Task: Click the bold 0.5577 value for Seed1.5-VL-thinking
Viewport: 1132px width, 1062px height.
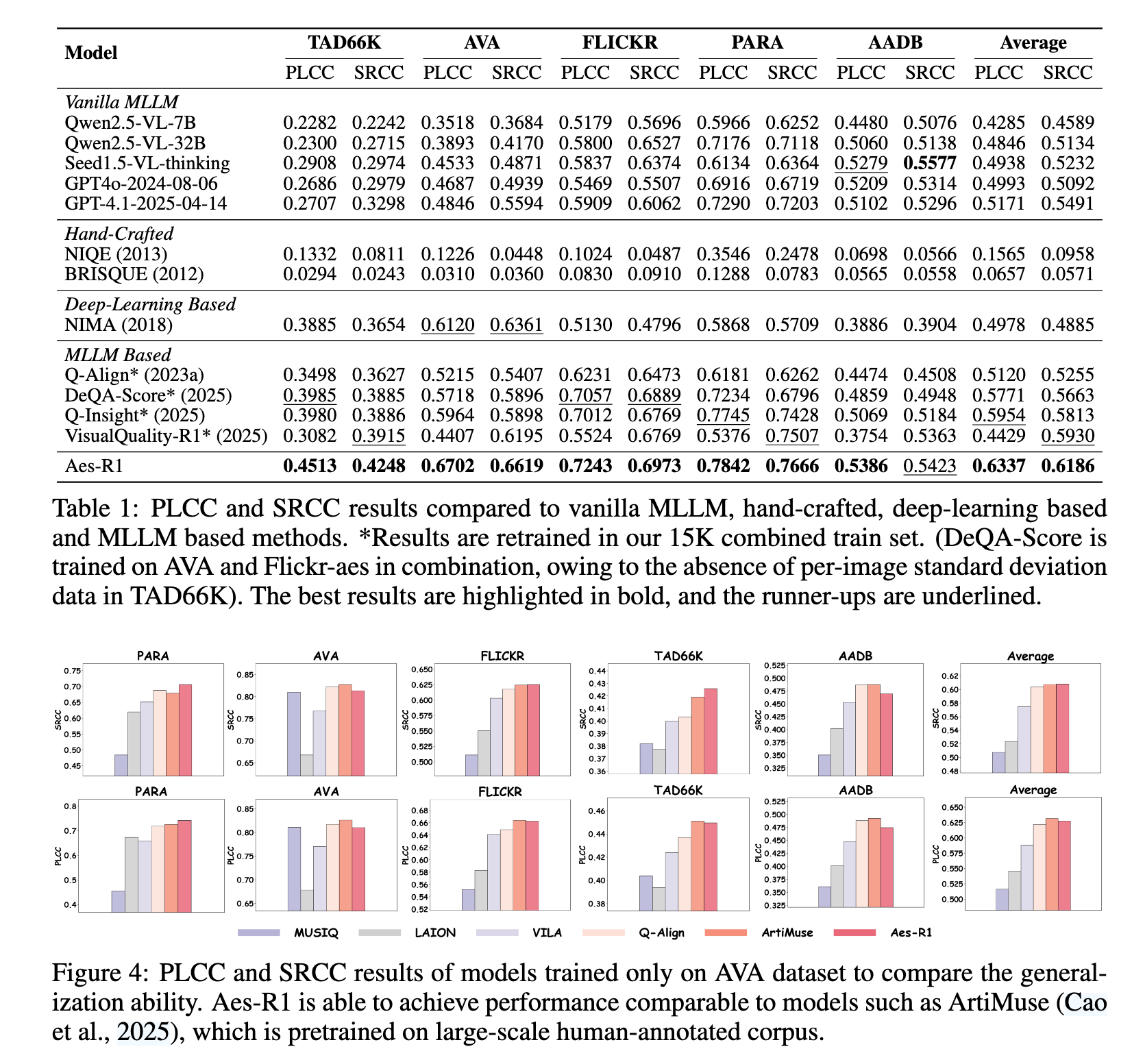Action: point(930,163)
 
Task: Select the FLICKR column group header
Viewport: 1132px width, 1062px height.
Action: point(619,42)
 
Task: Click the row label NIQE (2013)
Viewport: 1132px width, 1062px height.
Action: point(116,254)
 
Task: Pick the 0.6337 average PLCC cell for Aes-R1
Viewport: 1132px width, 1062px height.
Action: point(999,466)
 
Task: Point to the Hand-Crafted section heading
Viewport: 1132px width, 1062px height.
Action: point(119,234)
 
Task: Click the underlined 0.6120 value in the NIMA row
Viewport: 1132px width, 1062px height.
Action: point(447,325)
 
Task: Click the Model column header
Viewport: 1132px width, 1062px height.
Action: point(91,53)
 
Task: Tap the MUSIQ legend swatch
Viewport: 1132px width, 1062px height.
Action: point(259,933)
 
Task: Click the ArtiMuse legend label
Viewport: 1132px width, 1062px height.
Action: point(787,933)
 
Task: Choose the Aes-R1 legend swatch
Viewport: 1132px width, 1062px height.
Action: point(855,933)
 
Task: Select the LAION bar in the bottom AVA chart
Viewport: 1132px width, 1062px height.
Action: point(306,901)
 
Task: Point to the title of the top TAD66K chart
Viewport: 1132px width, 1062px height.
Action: point(678,656)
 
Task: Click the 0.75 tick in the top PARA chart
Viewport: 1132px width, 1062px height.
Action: point(73,671)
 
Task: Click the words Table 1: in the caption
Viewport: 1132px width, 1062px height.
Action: point(94,508)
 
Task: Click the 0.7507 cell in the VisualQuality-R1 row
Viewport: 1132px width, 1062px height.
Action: point(792,436)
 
